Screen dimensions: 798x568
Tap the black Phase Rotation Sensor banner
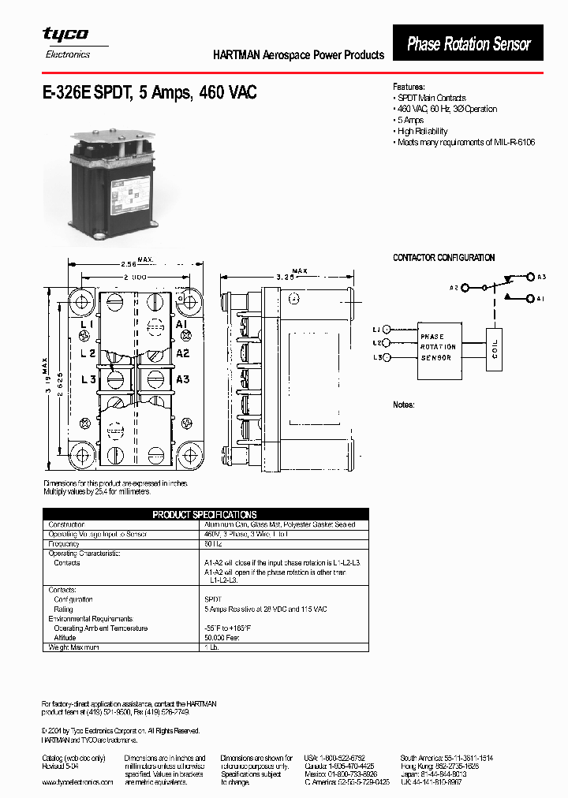(x=469, y=44)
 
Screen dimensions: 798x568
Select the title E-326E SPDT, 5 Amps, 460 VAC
(x=149, y=93)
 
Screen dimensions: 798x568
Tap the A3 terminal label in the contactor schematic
(x=541, y=277)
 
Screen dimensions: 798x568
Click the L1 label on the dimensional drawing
(x=88, y=325)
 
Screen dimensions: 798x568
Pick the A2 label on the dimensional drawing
(x=182, y=353)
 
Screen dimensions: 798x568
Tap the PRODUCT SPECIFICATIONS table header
(x=204, y=514)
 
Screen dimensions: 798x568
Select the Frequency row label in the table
(x=65, y=543)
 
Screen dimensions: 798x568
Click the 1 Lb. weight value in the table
(x=211, y=647)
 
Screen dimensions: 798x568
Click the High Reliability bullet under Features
(x=423, y=132)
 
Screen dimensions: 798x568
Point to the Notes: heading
(x=404, y=405)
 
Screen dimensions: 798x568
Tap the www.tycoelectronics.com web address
(x=77, y=781)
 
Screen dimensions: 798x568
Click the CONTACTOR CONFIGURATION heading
(x=444, y=258)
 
